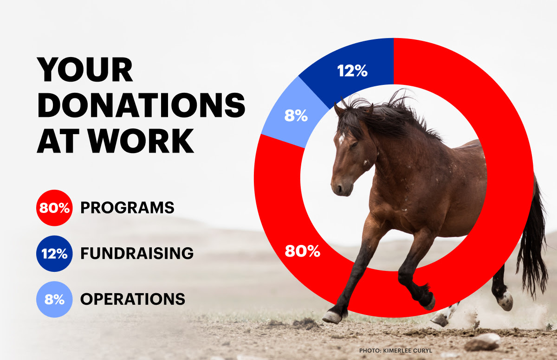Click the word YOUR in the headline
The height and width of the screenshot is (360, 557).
point(85,69)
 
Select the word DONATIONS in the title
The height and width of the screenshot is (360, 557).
point(141,105)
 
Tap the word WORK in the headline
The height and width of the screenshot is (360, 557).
point(141,141)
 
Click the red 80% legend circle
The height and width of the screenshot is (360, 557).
point(54,208)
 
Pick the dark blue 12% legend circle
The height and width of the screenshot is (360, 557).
point(54,254)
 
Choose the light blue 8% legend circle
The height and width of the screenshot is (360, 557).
point(54,299)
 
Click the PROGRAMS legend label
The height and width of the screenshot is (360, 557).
point(127,208)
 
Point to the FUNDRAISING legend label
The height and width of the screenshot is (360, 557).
point(137,253)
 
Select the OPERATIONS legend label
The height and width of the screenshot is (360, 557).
point(133,299)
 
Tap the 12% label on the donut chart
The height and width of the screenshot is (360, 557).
point(352,71)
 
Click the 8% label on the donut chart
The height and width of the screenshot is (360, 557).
point(296,116)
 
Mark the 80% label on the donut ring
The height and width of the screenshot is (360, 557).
point(303,251)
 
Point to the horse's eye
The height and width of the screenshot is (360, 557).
point(354,144)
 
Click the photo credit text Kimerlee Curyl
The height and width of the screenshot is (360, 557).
point(408,351)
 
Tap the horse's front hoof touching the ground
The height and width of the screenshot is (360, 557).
point(332,317)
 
